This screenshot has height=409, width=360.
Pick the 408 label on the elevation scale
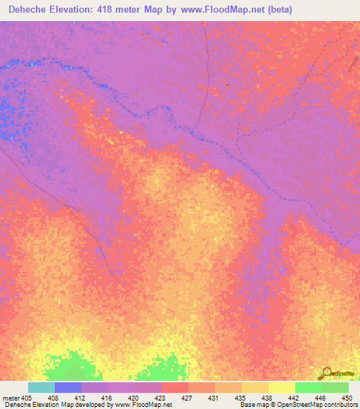(x=53, y=398)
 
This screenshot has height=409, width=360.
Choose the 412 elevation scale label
(x=80, y=398)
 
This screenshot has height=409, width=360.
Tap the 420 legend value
(x=134, y=398)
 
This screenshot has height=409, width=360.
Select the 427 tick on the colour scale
(x=188, y=398)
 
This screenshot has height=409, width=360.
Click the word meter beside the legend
(x=11, y=398)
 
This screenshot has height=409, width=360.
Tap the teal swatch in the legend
(x=41, y=387)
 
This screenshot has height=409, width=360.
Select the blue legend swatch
(x=67, y=387)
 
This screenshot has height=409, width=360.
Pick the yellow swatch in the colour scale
(x=281, y=387)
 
